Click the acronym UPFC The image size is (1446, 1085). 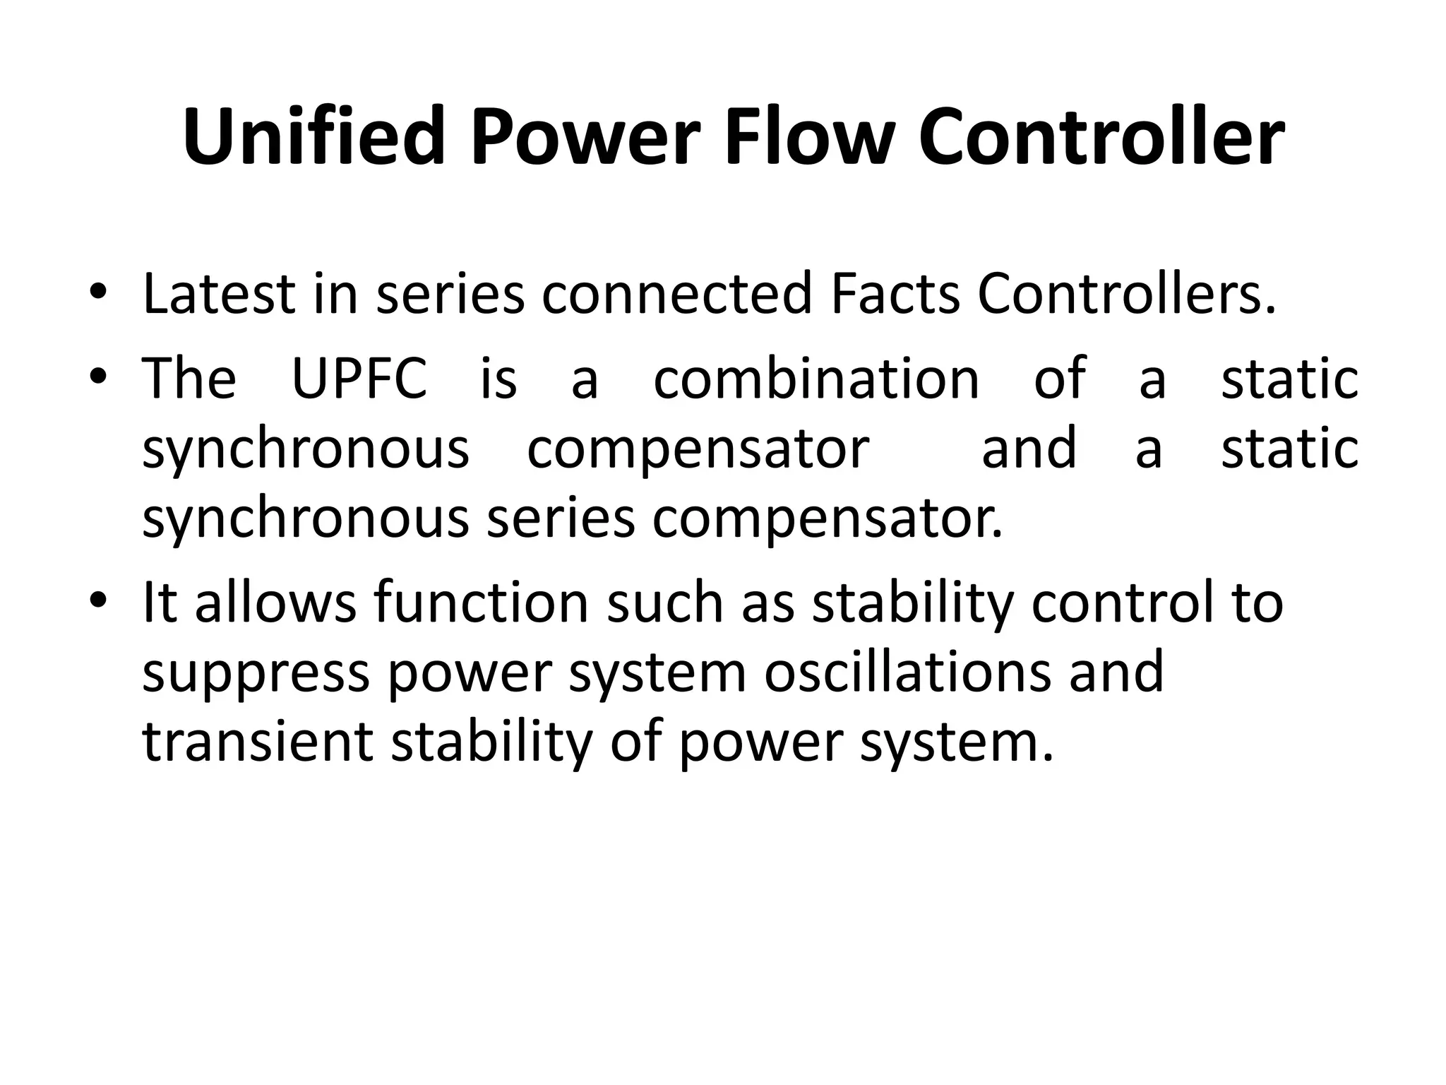click(359, 379)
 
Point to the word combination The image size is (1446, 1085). click(816, 379)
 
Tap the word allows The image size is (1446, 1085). click(275, 603)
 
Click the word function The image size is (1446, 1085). click(481, 603)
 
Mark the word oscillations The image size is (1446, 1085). click(907, 672)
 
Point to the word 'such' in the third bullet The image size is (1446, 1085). click(665, 603)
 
